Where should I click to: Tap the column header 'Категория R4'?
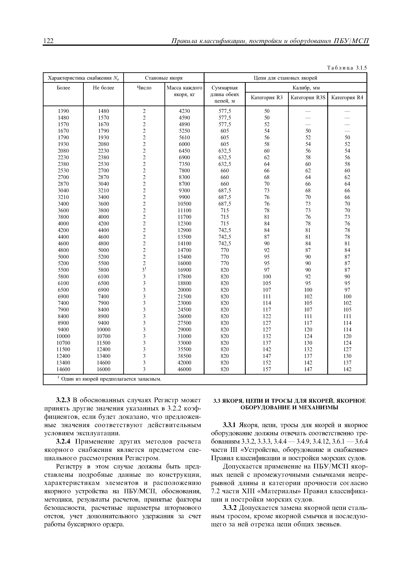point(347,98)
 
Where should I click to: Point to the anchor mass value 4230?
point(184,111)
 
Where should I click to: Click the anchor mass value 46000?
point(184,369)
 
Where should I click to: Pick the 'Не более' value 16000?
point(103,369)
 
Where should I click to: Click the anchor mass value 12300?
point(184,224)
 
